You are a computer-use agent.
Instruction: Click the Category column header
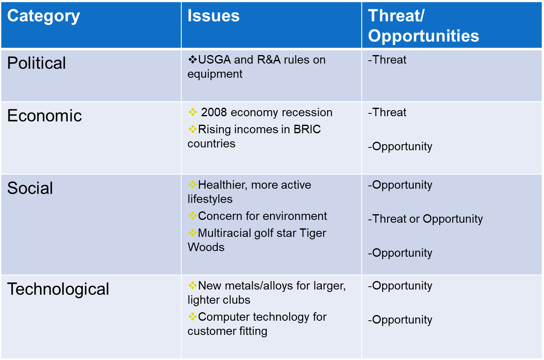pyautogui.click(x=44, y=16)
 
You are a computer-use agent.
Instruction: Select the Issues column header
pyautogui.click(x=213, y=16)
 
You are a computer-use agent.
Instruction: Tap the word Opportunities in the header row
pyautogui.click(x=423, y=36)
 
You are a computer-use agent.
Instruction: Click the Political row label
pyautogui.click(x=36, y=63)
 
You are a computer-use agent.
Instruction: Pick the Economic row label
pyautogui.click(x=45, y=116)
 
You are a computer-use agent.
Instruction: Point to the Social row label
pyautogui.click(x=30, y=188)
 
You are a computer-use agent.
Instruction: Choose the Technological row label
pyautogui.click(x=58, y=289)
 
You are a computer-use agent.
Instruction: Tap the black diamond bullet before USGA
pyautogui.click(x=192, y=60)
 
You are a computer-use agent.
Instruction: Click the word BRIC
pyautogui.click(x=306, y=130)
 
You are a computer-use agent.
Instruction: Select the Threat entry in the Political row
pyautogui.click(x=389, y=60)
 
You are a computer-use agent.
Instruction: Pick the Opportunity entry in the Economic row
pyautogui.click(x=402, y=147)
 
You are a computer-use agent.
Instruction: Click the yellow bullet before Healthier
pyautogui.click(x=192, y=185)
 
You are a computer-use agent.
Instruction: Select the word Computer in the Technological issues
pyautogui.click(x=222, y=317)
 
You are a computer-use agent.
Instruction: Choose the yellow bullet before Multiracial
pyautogui.click(x=192, y=233)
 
